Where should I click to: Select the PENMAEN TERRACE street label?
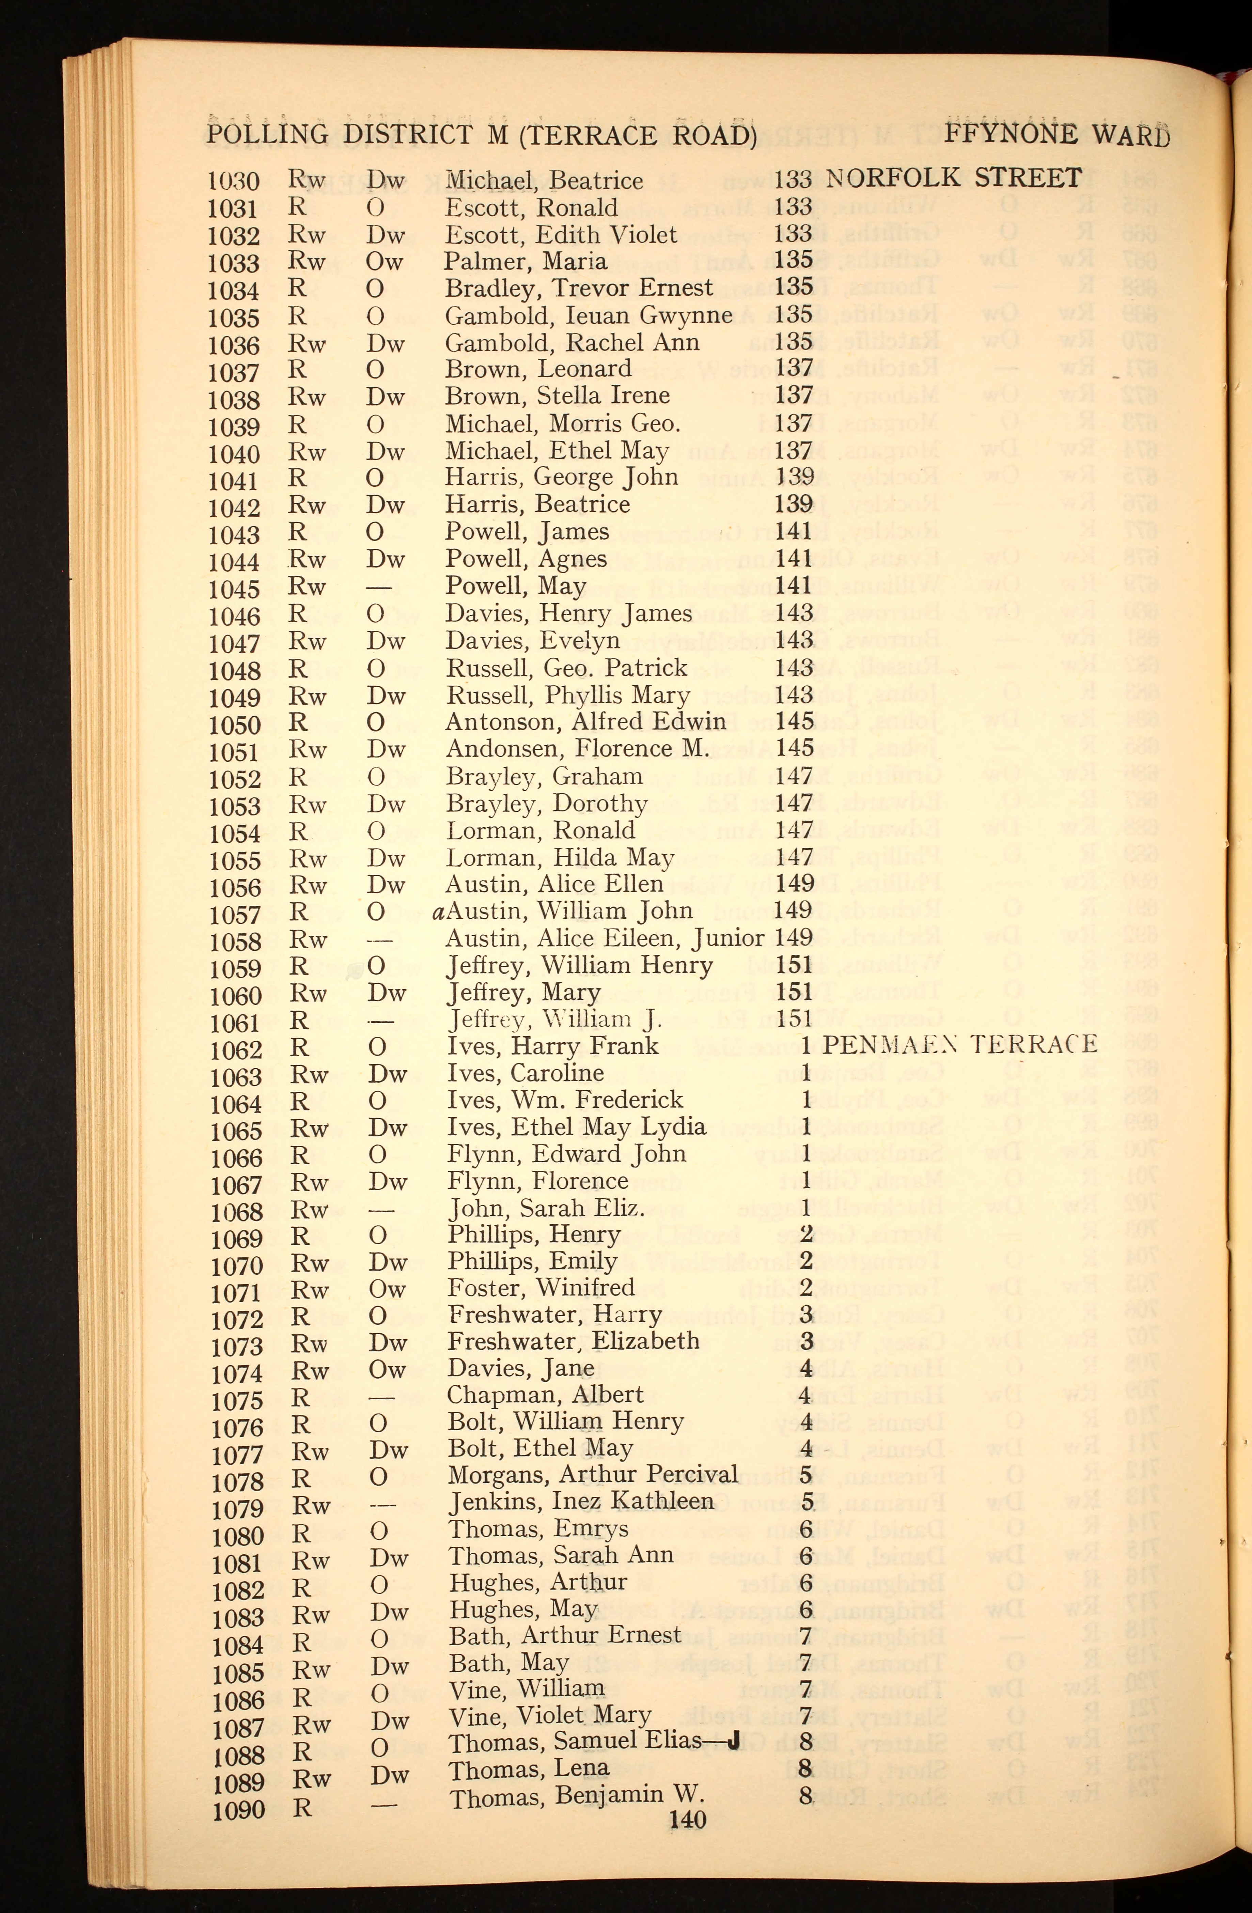click(x=959, y=1044)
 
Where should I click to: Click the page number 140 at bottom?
click(x=687, y=1819)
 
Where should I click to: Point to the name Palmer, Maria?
click(x=526, y=261)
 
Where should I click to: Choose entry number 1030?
click(x=233, y=182)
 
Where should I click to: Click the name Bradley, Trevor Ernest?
click(x=579, y=288)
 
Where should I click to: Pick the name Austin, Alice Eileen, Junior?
click(x=604, y=938)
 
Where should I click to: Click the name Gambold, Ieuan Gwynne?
click(x=588, y=315)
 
